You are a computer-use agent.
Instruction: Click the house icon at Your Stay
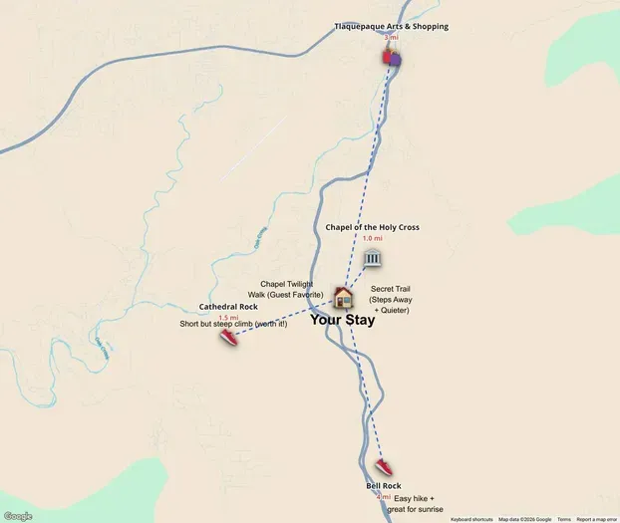point(343,297)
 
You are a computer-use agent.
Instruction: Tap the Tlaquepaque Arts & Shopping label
point(391,26)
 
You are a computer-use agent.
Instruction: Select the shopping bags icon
point(392,57)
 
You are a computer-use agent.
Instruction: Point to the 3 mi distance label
point(391,38)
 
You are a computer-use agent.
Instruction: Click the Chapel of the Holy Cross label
point(372,227)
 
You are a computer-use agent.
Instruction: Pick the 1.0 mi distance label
point(372,239)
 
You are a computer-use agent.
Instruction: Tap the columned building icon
point(372,260)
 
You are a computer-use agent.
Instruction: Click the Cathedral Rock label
point(228,307)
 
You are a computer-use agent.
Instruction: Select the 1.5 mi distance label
point(228,318)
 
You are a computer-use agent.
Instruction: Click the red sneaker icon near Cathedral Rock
point(229,338)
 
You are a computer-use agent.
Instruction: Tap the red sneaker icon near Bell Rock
point(384,467)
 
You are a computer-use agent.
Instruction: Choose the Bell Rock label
point(383,486)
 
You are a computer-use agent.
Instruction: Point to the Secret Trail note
point(390,300)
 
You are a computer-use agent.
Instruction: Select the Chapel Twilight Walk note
point(287,290)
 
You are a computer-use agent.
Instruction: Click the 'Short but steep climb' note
point(233,325)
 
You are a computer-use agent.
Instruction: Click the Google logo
point(18,516)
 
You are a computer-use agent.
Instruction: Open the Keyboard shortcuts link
point(472,519)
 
